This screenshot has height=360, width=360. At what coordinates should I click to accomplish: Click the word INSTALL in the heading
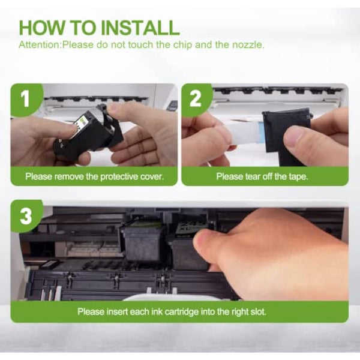[140, 28]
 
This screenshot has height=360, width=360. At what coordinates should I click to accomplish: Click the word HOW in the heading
[42, 28]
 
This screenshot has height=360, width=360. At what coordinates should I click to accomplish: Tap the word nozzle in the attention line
[248, 44]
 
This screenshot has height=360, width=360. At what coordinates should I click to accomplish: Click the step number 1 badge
[25, 98]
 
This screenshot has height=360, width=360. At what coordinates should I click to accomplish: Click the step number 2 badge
[196, 98]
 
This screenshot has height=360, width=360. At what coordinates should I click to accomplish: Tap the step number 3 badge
[25, 216]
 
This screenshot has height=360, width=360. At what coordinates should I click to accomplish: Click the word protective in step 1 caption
[119, 176]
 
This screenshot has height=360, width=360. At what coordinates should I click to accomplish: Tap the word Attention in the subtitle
[40, 44]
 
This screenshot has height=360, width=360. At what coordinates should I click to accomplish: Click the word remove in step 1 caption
[69, 176]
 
